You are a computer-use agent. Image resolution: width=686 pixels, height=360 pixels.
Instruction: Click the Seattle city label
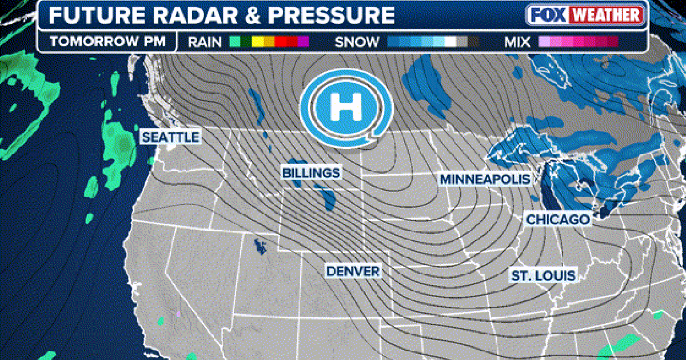(x=170, y=137)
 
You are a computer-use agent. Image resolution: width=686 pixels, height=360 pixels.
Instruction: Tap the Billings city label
(x=311, y=173)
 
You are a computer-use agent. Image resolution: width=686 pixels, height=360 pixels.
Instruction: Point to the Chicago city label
(x=557, y=219)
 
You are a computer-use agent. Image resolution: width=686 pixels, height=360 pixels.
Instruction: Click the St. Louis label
(x=543, y=276)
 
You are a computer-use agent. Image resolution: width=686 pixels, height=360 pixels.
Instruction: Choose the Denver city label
(x=353, y=270)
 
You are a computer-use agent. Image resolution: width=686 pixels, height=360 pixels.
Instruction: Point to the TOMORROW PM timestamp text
(x=107, y=42)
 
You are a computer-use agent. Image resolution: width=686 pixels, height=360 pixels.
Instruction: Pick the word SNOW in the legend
(x=357, y=42)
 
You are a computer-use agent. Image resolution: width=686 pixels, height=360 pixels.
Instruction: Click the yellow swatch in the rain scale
(x=257, y=42)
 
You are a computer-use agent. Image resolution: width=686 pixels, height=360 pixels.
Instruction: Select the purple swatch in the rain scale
(x=303, y=42)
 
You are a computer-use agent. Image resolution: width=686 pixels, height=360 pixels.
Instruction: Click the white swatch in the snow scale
(x=450, y=42)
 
